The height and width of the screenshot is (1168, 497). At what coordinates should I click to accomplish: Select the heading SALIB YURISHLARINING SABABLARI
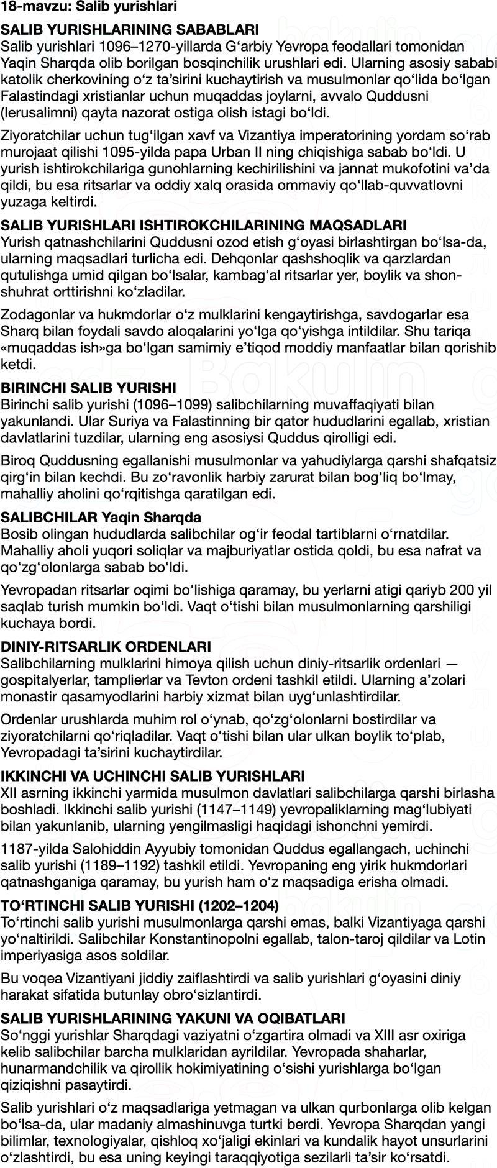click(121, 30)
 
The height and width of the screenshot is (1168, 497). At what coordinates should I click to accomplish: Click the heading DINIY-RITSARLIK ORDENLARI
click(106, 647)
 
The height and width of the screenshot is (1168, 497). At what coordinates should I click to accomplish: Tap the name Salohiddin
click(86, 849)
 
